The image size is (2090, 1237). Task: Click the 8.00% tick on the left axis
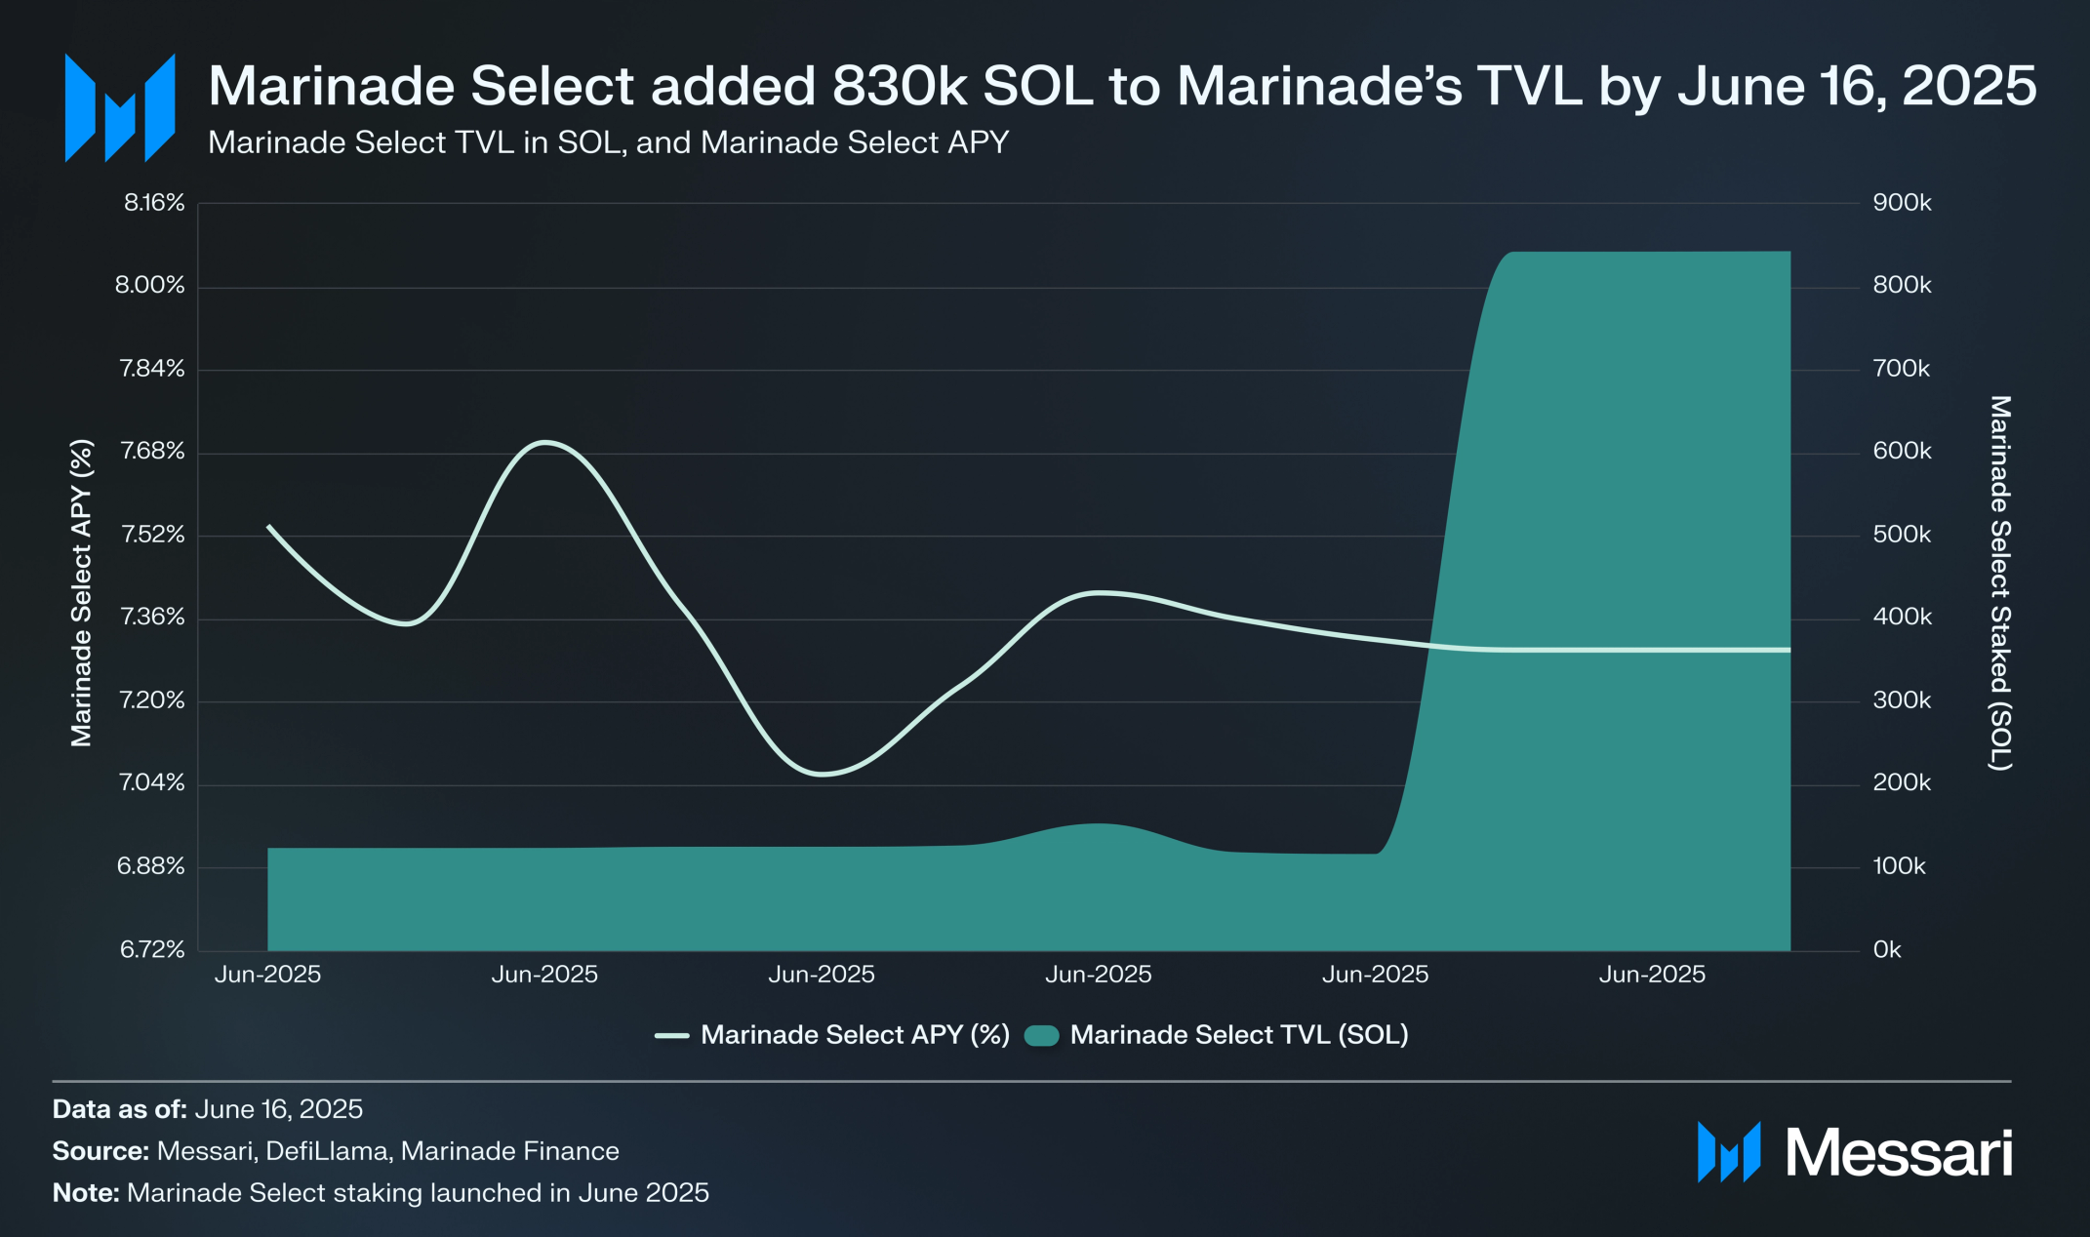(149, 285)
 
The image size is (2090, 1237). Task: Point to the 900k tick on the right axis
(1902, 203)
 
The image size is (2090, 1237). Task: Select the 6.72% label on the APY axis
(151, 949)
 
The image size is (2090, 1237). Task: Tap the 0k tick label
(1887, 949)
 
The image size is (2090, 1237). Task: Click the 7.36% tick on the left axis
(151, 617)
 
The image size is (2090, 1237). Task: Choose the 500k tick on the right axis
(1902, 535)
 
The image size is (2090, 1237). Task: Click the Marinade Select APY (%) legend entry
(854, 1035)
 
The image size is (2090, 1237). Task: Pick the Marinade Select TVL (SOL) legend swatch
(1042, 1036)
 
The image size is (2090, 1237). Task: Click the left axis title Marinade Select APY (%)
(81, 593)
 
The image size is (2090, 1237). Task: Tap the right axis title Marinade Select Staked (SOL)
(2000, 582)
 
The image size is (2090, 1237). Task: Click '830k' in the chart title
(900, 86)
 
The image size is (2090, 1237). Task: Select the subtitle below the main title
(608, 142)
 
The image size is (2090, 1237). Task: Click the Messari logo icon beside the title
(119, 107)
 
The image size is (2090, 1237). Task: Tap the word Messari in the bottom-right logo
(1898, 1153)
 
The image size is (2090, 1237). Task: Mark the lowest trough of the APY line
(823, 775)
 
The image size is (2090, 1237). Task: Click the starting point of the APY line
(269, 527)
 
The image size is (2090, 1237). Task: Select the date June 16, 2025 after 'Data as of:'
(279, 1109)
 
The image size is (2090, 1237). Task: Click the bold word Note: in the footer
(86, 1193)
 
